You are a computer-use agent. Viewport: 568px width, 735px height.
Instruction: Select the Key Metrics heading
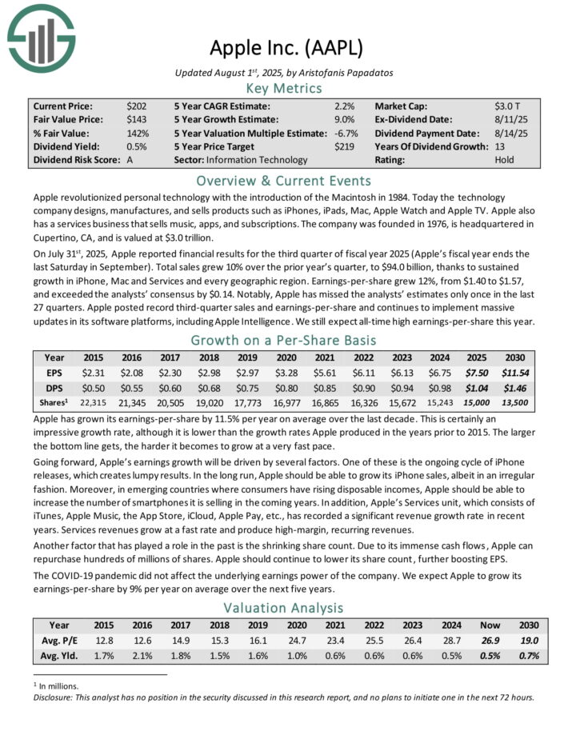(283, 88)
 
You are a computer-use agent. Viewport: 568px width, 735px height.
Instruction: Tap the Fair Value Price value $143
(136, 119)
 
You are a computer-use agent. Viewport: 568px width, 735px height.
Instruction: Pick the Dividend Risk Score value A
(130, 160)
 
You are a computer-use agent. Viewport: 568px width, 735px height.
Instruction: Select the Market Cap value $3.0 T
(509, 106)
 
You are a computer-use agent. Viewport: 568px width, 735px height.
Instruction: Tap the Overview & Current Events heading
(283, 180)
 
